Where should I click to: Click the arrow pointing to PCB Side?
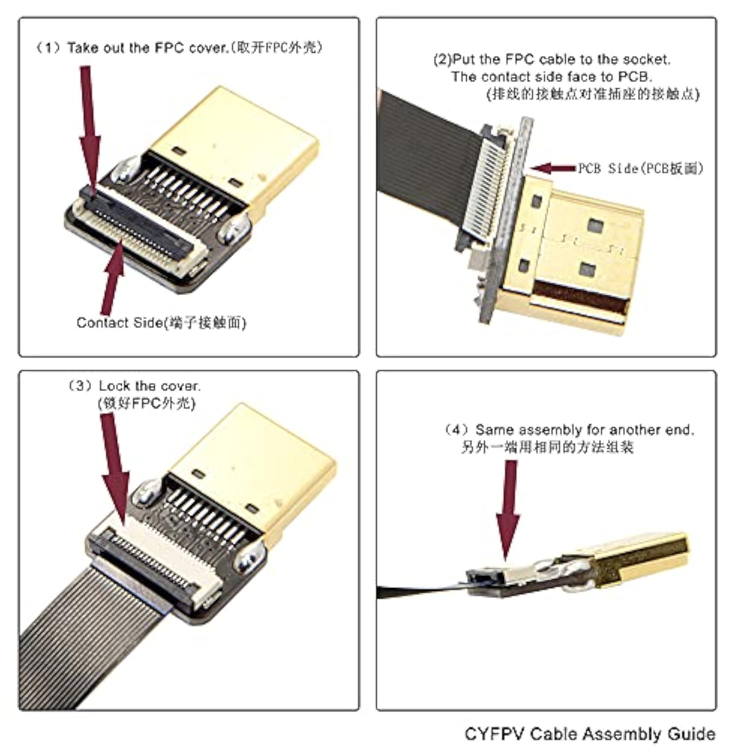[x=552, y=168]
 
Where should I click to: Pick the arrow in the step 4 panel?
[x=508, y=510]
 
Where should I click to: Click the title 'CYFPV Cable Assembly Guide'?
[x=589, y=733]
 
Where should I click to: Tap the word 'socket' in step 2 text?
[x=649, y=59]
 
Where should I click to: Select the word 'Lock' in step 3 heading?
[x=114, y=386]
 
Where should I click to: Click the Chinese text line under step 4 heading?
[x=547, y=447]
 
